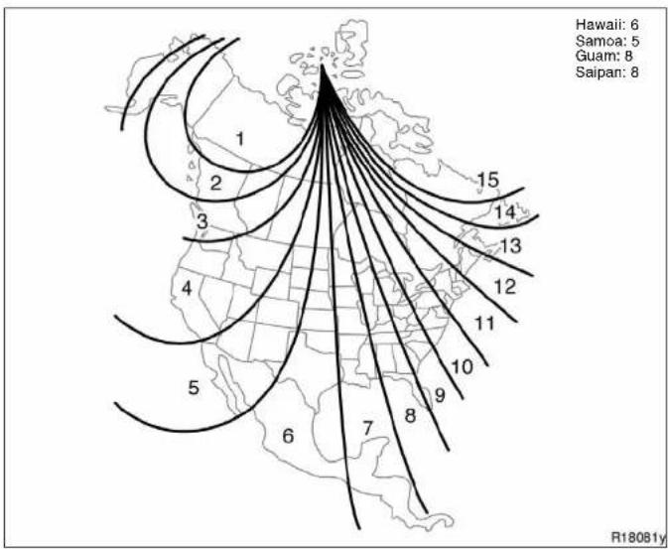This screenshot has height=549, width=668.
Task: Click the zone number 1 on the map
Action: (240, 139)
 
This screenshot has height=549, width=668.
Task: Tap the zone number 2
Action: (216, 184)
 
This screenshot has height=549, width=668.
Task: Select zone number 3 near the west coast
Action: (202, 221)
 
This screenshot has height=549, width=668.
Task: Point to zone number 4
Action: (187, 289)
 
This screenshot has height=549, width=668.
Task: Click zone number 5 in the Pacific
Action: (194, 388)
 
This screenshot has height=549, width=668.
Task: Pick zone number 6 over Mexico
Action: (289, 436)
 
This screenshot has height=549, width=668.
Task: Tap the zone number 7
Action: (367, 428)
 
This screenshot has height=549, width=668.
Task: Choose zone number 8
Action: (410, 415)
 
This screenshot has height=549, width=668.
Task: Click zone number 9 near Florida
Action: (440, 395)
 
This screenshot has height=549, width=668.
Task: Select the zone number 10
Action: (462, 366)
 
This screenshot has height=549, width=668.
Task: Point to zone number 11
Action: (484, 324)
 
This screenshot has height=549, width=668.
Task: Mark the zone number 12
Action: (505, 287)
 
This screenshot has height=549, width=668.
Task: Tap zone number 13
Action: (510, 245)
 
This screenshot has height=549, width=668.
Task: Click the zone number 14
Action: (505, 211)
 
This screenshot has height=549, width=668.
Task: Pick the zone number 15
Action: (487, 180)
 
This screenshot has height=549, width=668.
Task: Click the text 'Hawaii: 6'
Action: (607, 24)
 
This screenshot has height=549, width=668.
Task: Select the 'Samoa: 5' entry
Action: (607, 41)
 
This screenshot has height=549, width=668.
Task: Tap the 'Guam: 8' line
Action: (603, 56)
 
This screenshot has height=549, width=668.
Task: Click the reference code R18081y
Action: (638, 536)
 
